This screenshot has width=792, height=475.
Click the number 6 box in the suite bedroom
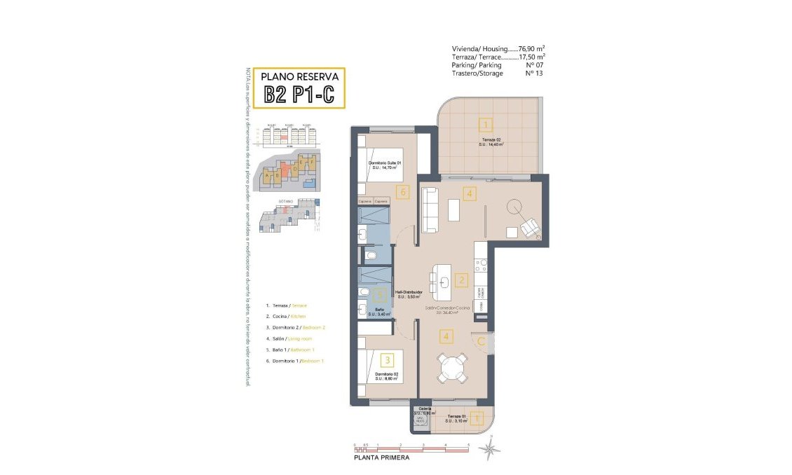point(402,191)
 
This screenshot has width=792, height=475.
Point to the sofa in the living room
point(429,209)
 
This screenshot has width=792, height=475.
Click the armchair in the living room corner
point(529,227)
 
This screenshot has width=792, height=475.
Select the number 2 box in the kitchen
point(460,281)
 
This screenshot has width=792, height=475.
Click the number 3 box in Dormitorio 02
point(386,360)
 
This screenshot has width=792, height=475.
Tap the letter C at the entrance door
point(482,341)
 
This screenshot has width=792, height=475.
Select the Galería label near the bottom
point(425,409)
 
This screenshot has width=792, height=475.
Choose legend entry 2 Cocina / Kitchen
point(287,317)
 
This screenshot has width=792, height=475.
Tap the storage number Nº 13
point(534,73)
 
